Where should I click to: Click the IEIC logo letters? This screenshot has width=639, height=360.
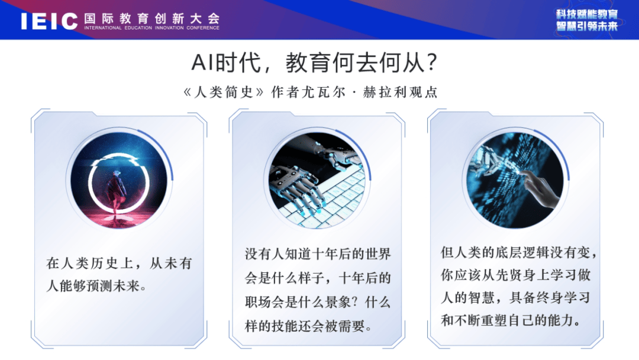point(49,21)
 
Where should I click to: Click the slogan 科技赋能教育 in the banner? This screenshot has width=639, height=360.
point(587,14)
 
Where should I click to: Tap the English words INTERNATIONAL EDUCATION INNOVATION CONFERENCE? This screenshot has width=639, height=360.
point(151,28)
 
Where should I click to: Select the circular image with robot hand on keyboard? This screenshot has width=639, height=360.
point(317,180)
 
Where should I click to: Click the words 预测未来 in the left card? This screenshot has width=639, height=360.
point(113,286)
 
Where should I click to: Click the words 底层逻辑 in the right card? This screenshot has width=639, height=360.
point(522,253)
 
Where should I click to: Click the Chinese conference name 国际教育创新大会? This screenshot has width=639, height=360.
point(152,18)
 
